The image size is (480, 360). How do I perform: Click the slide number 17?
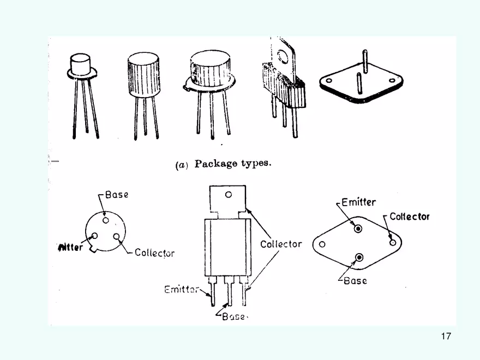[446, 336]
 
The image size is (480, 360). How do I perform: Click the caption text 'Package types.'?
[232, 164]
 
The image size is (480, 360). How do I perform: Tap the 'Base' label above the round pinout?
[117, 195]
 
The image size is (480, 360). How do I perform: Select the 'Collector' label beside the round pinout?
[155, 253]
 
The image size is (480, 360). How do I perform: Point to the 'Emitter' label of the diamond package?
[358, 202]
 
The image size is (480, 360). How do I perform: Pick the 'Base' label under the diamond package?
[355, 281]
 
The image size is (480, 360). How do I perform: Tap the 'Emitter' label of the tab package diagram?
[182, 290]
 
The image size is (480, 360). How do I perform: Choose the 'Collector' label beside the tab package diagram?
[281, 244]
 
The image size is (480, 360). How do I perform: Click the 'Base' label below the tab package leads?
[233, 316]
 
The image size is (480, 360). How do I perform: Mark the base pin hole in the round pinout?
[105, 220]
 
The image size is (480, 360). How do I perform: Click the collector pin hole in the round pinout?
[116, 237]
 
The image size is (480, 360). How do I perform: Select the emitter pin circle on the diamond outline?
[358, 229]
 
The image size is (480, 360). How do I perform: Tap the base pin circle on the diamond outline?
[359, 257]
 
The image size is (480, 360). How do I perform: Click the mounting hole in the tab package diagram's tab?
[228, 194]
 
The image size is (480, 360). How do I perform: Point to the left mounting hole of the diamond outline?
[322, 245]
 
